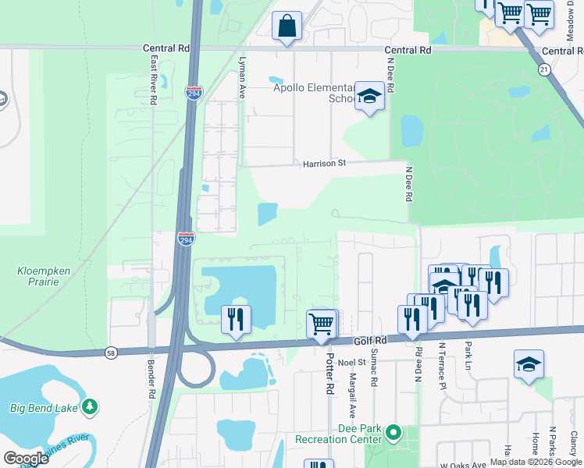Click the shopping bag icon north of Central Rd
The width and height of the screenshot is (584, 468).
click(x=287, y=25)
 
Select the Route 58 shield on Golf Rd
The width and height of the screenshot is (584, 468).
click(x=112, y=353)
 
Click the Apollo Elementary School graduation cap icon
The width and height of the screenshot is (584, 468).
click(x=369, y=96)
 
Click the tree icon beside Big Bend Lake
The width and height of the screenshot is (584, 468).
click(x=91, y=406)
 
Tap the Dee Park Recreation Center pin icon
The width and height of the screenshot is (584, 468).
click(x=393, y=431)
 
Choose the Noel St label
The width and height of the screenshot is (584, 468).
click(x=351, y=362)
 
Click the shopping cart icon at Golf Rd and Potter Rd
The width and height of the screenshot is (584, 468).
click(x=322, y=323)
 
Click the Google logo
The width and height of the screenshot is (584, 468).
click(x=26, y=459)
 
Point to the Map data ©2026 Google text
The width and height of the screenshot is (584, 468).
click(x=535, y=462)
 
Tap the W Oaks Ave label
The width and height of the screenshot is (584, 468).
click(x=463, y=463)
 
